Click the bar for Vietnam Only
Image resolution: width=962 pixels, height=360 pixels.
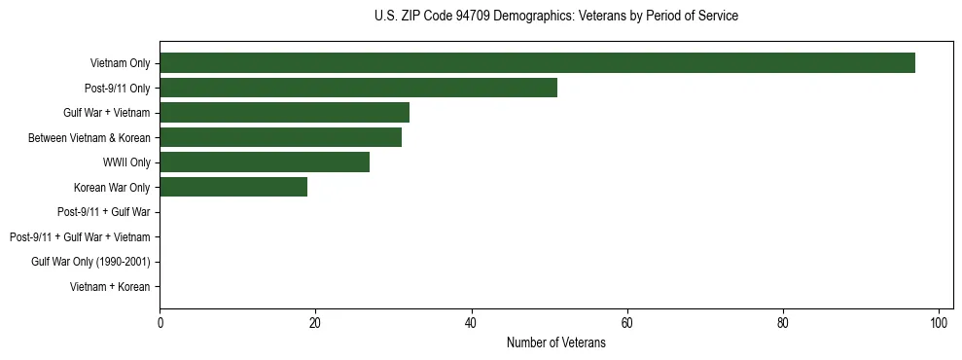coord(537,62)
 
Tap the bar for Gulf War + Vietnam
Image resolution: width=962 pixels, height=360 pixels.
coord(284,112)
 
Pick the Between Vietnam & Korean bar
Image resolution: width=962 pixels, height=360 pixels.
coord(280,137)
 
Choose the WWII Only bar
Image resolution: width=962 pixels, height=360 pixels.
coord(265,162)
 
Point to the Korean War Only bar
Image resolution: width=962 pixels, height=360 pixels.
coord(233,187)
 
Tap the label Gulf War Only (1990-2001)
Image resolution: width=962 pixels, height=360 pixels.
coord(90,262)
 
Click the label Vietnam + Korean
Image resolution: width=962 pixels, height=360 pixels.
coord(110,287)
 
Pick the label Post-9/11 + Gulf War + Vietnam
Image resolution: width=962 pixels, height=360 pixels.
coord(80,237)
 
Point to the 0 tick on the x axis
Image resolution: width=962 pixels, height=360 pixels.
coord(160,323)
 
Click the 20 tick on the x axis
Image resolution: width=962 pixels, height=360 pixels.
coord(315,323)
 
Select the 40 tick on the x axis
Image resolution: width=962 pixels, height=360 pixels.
coord(471,323)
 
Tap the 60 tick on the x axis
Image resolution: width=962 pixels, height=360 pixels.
coord(627,323)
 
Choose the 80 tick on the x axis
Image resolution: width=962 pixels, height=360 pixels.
coord(783,323)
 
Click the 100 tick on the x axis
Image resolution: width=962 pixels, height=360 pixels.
coord(939,323)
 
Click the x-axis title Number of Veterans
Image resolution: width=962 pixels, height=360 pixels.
coord(555,343)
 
